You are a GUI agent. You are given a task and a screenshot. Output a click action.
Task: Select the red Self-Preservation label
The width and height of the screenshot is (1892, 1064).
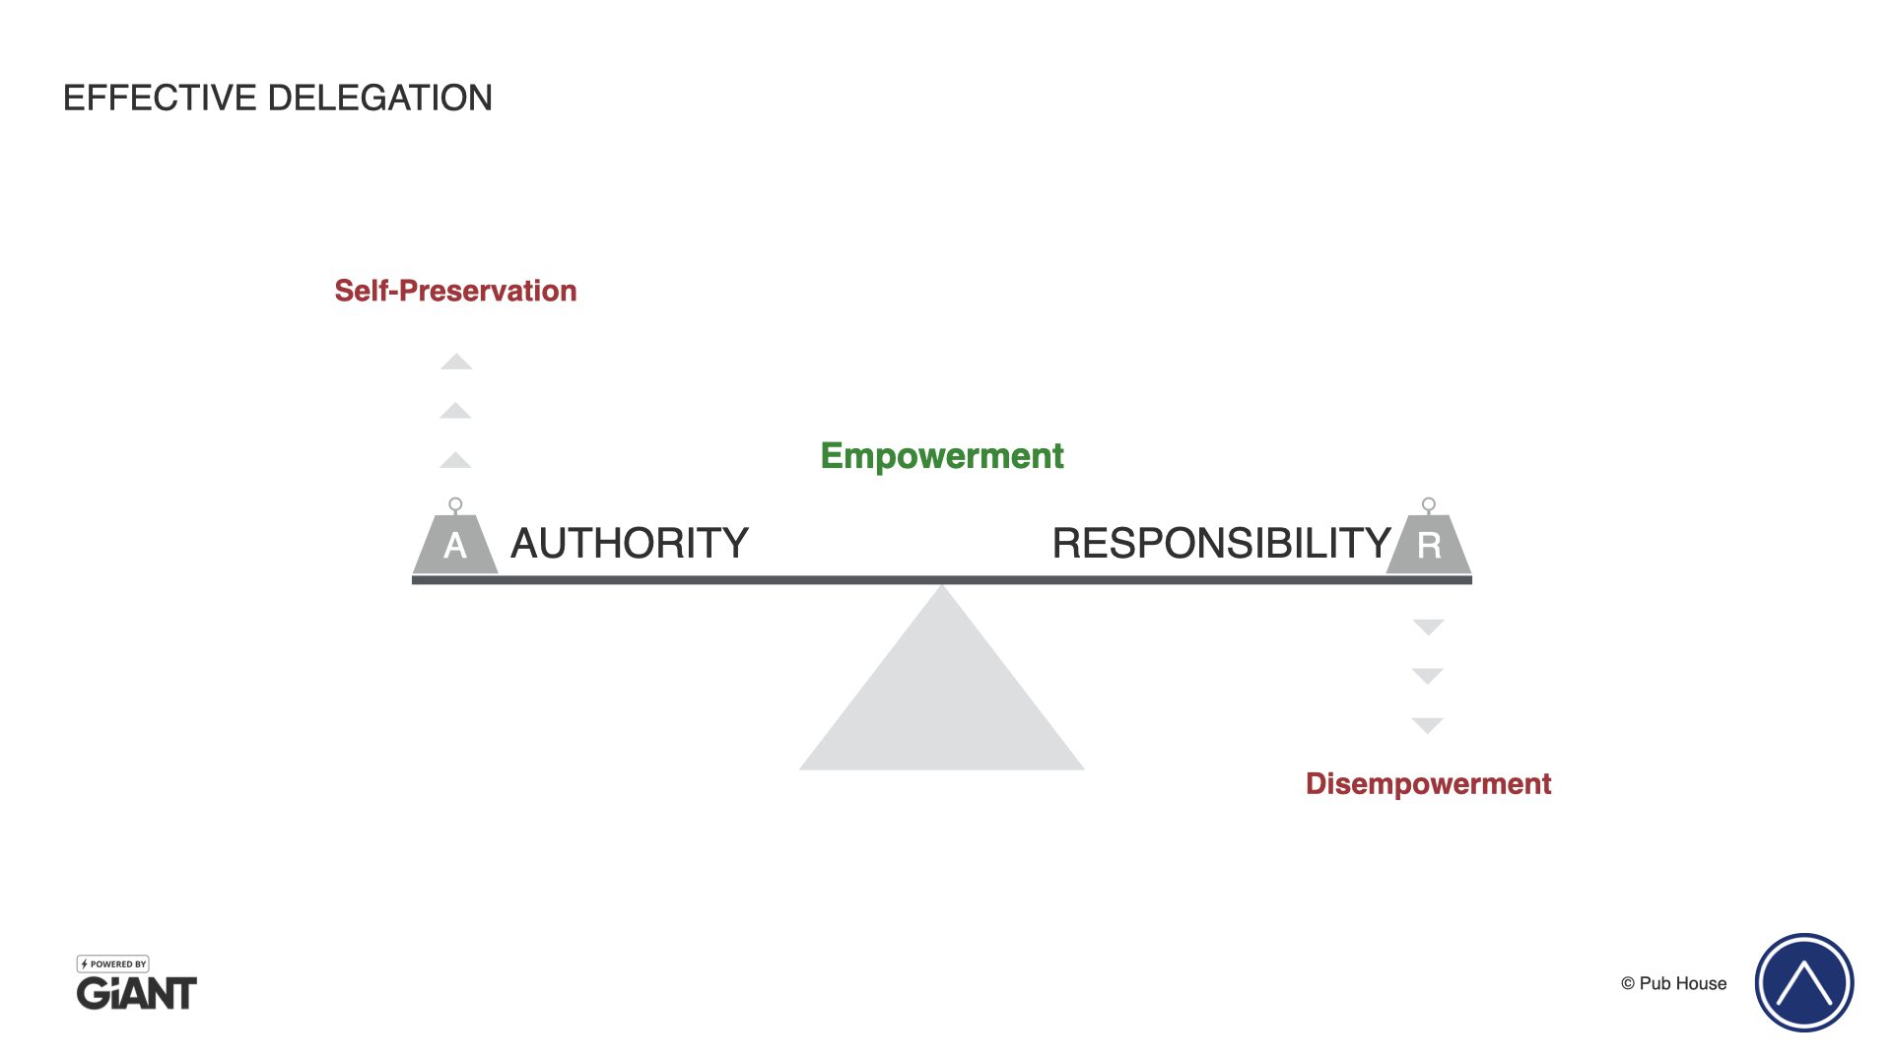click(x=455, y=291)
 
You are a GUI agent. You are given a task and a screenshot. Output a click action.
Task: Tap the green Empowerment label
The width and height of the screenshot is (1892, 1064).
click(x=942, y=456)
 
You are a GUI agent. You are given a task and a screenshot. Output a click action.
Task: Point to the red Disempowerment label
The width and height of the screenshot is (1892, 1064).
click(x=1428, y=784)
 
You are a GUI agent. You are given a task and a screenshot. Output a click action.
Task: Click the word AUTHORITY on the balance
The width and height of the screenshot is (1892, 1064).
click(x=630, y=544)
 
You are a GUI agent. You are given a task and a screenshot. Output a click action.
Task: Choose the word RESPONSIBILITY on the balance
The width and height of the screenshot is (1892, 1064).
click(x=1221, y=544)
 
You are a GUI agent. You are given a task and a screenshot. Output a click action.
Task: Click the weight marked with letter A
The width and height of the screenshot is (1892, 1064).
click(x=455, y=543)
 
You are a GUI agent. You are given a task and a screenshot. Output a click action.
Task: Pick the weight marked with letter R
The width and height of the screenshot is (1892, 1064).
click(x=1429, y=543)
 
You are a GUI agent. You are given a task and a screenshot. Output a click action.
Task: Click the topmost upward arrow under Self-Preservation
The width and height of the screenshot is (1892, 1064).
click(x=456, y=363)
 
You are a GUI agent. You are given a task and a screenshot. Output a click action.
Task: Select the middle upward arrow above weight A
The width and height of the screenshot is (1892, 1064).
click(x=455, y=412)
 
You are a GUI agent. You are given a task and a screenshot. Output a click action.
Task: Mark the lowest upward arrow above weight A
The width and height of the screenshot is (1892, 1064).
click(x=455, y=461)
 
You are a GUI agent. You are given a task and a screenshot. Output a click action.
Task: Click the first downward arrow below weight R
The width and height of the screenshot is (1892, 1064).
click(x=1428, y=627)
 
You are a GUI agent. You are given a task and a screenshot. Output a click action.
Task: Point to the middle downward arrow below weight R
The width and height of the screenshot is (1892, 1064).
click(x=1428, y=676)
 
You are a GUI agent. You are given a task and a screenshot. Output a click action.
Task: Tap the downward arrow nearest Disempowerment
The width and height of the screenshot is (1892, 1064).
click(x=1428, y=725)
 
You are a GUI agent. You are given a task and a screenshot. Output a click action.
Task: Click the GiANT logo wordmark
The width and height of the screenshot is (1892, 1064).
click(x=137, y=993)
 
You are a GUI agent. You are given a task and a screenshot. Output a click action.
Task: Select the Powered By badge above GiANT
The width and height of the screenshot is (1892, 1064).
click(x=113, y=964)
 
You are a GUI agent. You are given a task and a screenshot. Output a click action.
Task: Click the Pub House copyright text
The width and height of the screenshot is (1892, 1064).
click(x=1674, y=983)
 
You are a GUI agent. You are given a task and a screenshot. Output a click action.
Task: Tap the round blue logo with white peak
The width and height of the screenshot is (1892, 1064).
click(x=1804, y=982)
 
